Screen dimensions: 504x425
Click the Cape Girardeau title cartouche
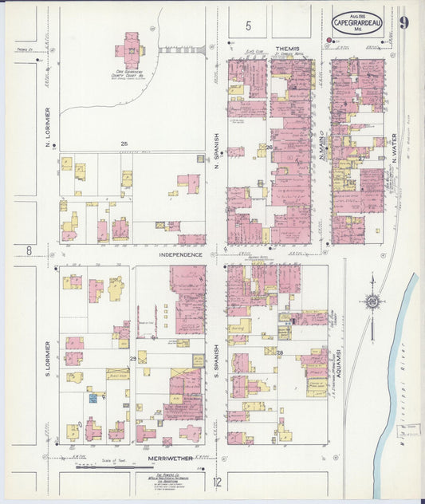pos(357,22)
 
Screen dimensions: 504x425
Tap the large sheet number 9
pos(404,22)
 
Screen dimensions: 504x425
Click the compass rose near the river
pos(372,301)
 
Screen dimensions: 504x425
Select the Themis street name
pos(287,49)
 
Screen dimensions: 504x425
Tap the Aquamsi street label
pos(338,363)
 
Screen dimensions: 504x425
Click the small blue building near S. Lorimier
pos(93,397)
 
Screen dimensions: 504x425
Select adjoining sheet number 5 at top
pos(249,26)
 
